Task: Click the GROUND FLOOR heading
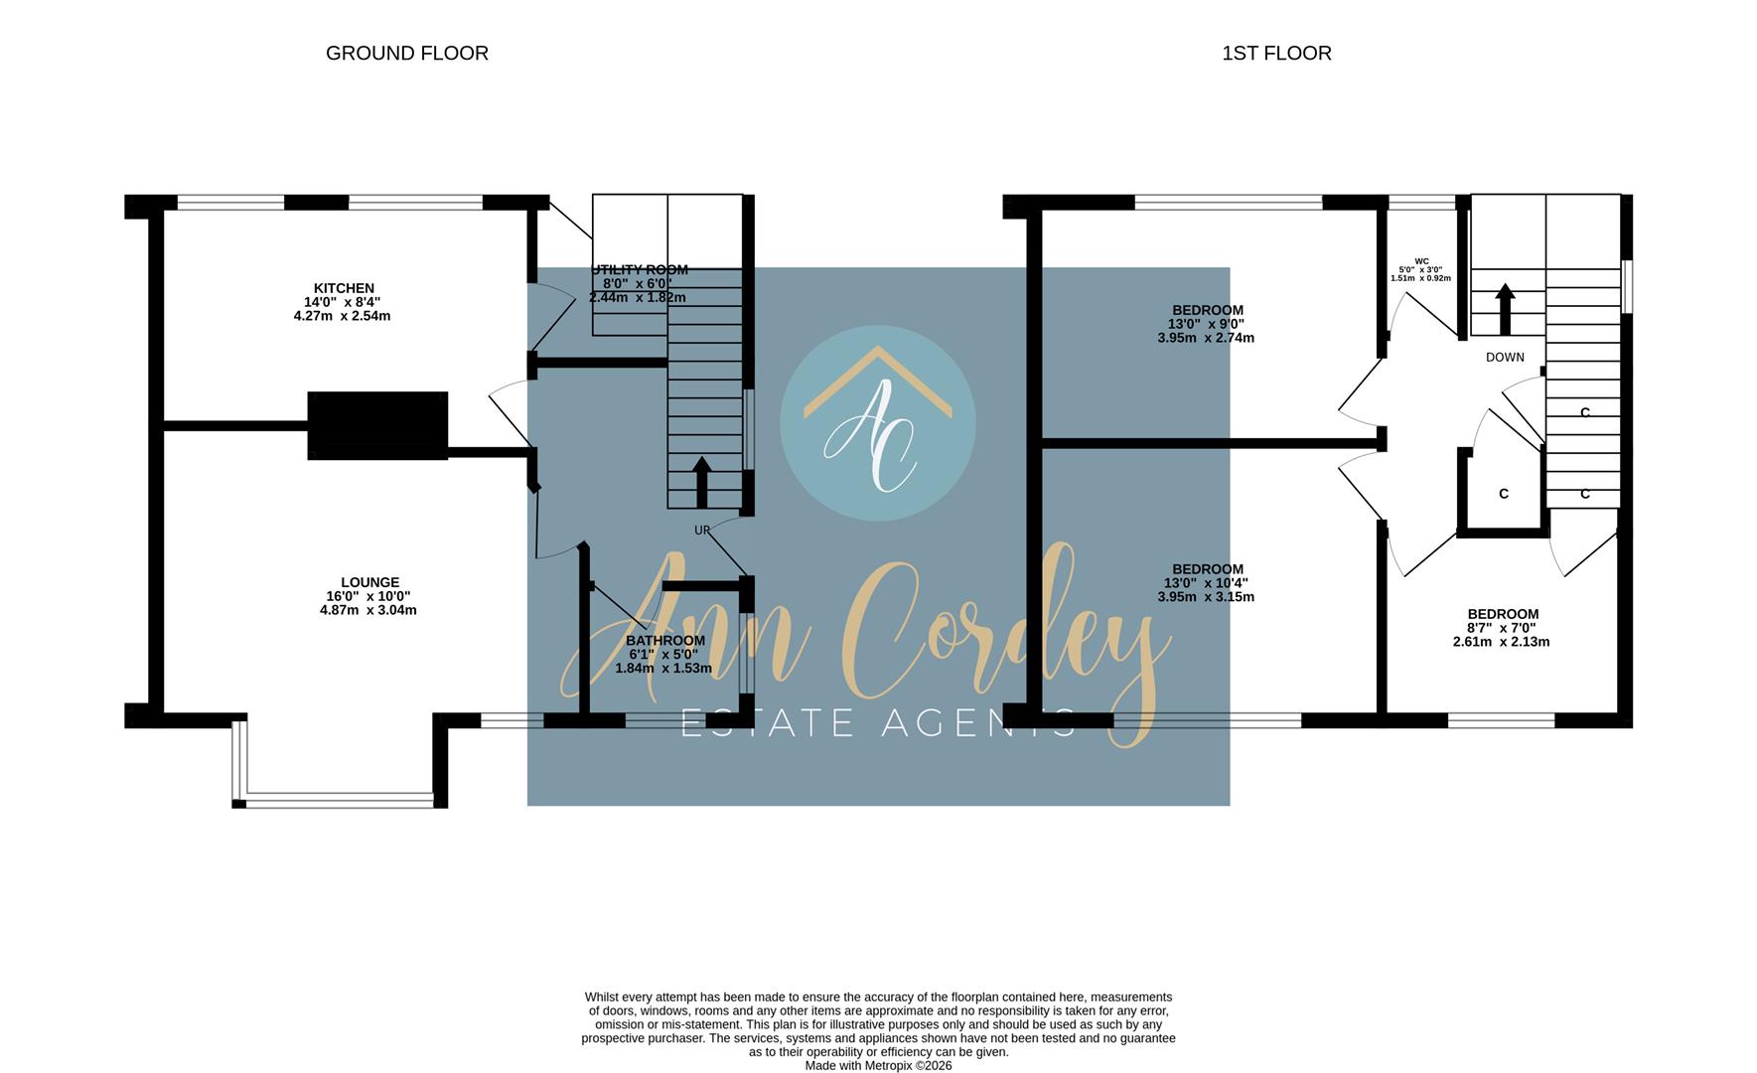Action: [407, 54]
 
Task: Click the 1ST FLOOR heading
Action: [1276, 54]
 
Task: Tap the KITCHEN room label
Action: [344, 288]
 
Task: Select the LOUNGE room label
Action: [369, 582]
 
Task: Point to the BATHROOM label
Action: [665, 641]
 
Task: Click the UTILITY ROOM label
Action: [640, 270]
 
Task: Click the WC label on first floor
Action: [1421, 261]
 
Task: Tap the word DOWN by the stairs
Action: [1505, 358]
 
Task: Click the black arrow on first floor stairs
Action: [1505, 308]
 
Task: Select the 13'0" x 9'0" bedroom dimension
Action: [1207, 324]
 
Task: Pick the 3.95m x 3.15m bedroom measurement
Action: [1206, 597]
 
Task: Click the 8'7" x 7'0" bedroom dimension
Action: [1501, 628]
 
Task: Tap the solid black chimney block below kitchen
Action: [377, 425]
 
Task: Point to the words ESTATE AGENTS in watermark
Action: [878, 723]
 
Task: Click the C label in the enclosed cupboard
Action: [1503, 494]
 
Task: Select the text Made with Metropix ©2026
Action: [878, 1065]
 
